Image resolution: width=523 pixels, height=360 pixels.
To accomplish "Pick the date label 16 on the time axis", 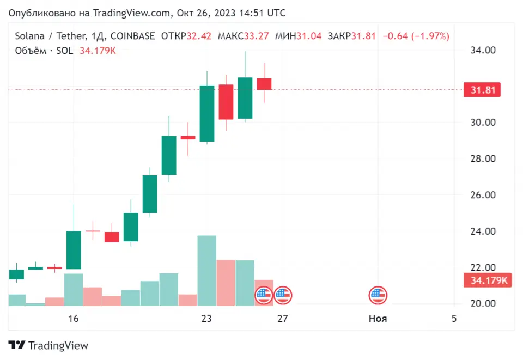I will (x=74, y=319).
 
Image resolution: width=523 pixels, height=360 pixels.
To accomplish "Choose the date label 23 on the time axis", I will (x=206, y=319).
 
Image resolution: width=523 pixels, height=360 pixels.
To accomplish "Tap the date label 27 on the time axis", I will (x=282, y=319).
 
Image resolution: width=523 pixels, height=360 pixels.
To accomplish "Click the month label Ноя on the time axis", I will (x=378, y=319).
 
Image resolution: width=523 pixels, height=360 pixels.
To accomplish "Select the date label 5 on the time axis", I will (x=454, y=319).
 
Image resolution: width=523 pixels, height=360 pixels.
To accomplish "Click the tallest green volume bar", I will (x=206, y=271).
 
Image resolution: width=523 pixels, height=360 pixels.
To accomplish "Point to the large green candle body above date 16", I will (x=74, y=250).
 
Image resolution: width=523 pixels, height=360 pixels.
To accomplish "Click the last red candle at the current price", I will (x=264, y=84).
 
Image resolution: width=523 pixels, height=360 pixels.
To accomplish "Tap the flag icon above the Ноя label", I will (x=378, y=295).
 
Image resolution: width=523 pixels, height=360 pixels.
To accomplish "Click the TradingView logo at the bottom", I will (x=48, y=345).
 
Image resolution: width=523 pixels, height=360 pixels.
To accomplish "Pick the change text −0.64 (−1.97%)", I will (x=416, y=36).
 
